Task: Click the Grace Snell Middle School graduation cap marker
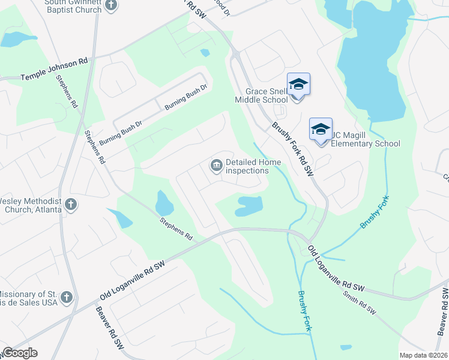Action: pos(298,85)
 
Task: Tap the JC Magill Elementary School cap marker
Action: pos(321,129)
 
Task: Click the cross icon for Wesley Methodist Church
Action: pos(70,204)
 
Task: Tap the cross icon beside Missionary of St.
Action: pos(66,297)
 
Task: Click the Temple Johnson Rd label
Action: pos(55,77)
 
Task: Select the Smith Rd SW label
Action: pos(359,303)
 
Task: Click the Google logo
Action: pos(19,353)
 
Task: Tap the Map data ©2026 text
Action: pos(424,355)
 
